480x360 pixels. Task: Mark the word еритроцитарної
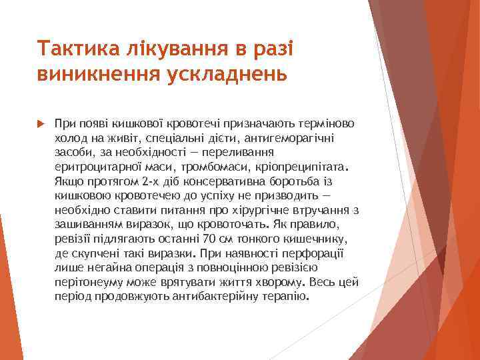click(x=95, y=167)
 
